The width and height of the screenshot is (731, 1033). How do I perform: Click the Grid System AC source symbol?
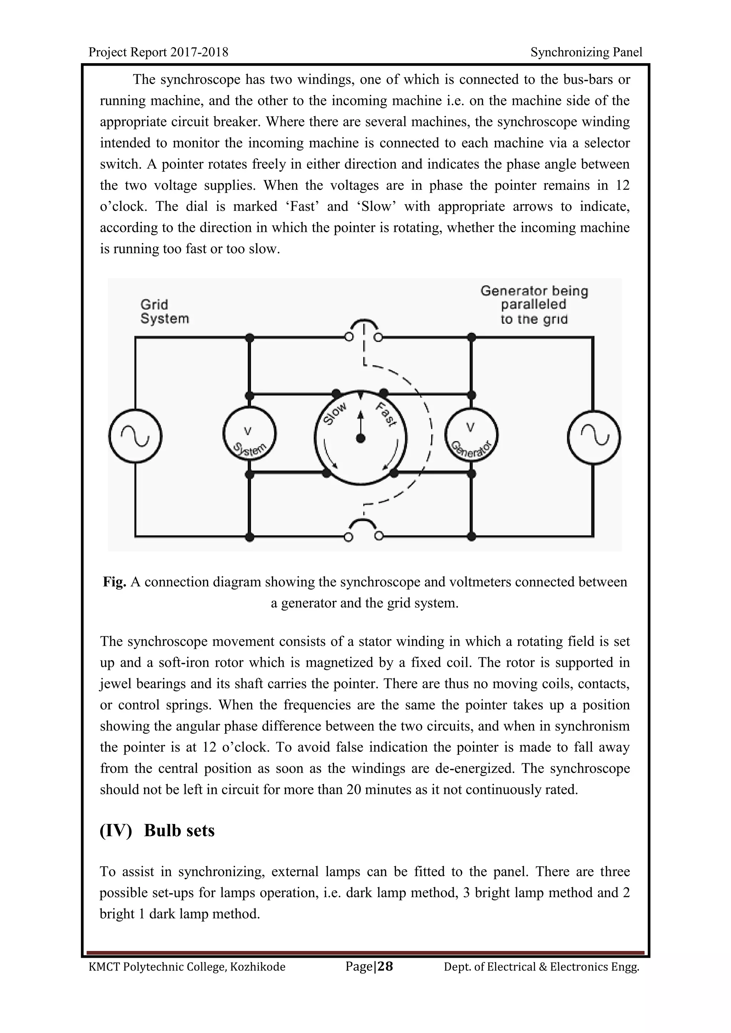[x=135, y=436]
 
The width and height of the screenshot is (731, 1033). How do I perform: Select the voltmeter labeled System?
[x=249, y=434]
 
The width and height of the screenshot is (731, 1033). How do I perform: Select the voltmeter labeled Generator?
[x=471, y=434]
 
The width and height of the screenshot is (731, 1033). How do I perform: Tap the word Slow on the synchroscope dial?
[x=336, y=413]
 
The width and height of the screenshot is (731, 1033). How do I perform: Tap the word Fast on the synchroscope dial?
[x=386, y=414]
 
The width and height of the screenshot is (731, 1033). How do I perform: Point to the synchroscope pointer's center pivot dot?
[x=360, y=439]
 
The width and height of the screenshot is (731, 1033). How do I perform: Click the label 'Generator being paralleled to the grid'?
[x=534, y=305]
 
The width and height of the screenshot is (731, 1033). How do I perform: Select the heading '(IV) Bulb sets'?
[x=157, y=830]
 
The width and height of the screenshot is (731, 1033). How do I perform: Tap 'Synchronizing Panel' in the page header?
[x=586, y=52]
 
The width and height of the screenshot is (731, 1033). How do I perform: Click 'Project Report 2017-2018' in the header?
[x=158, y=52]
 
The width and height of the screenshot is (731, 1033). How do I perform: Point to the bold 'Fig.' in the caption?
[x=114, y=582]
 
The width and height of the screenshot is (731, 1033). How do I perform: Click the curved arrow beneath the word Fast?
[x=392, y=454]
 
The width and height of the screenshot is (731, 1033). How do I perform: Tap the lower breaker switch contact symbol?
[x=364, y=530]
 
